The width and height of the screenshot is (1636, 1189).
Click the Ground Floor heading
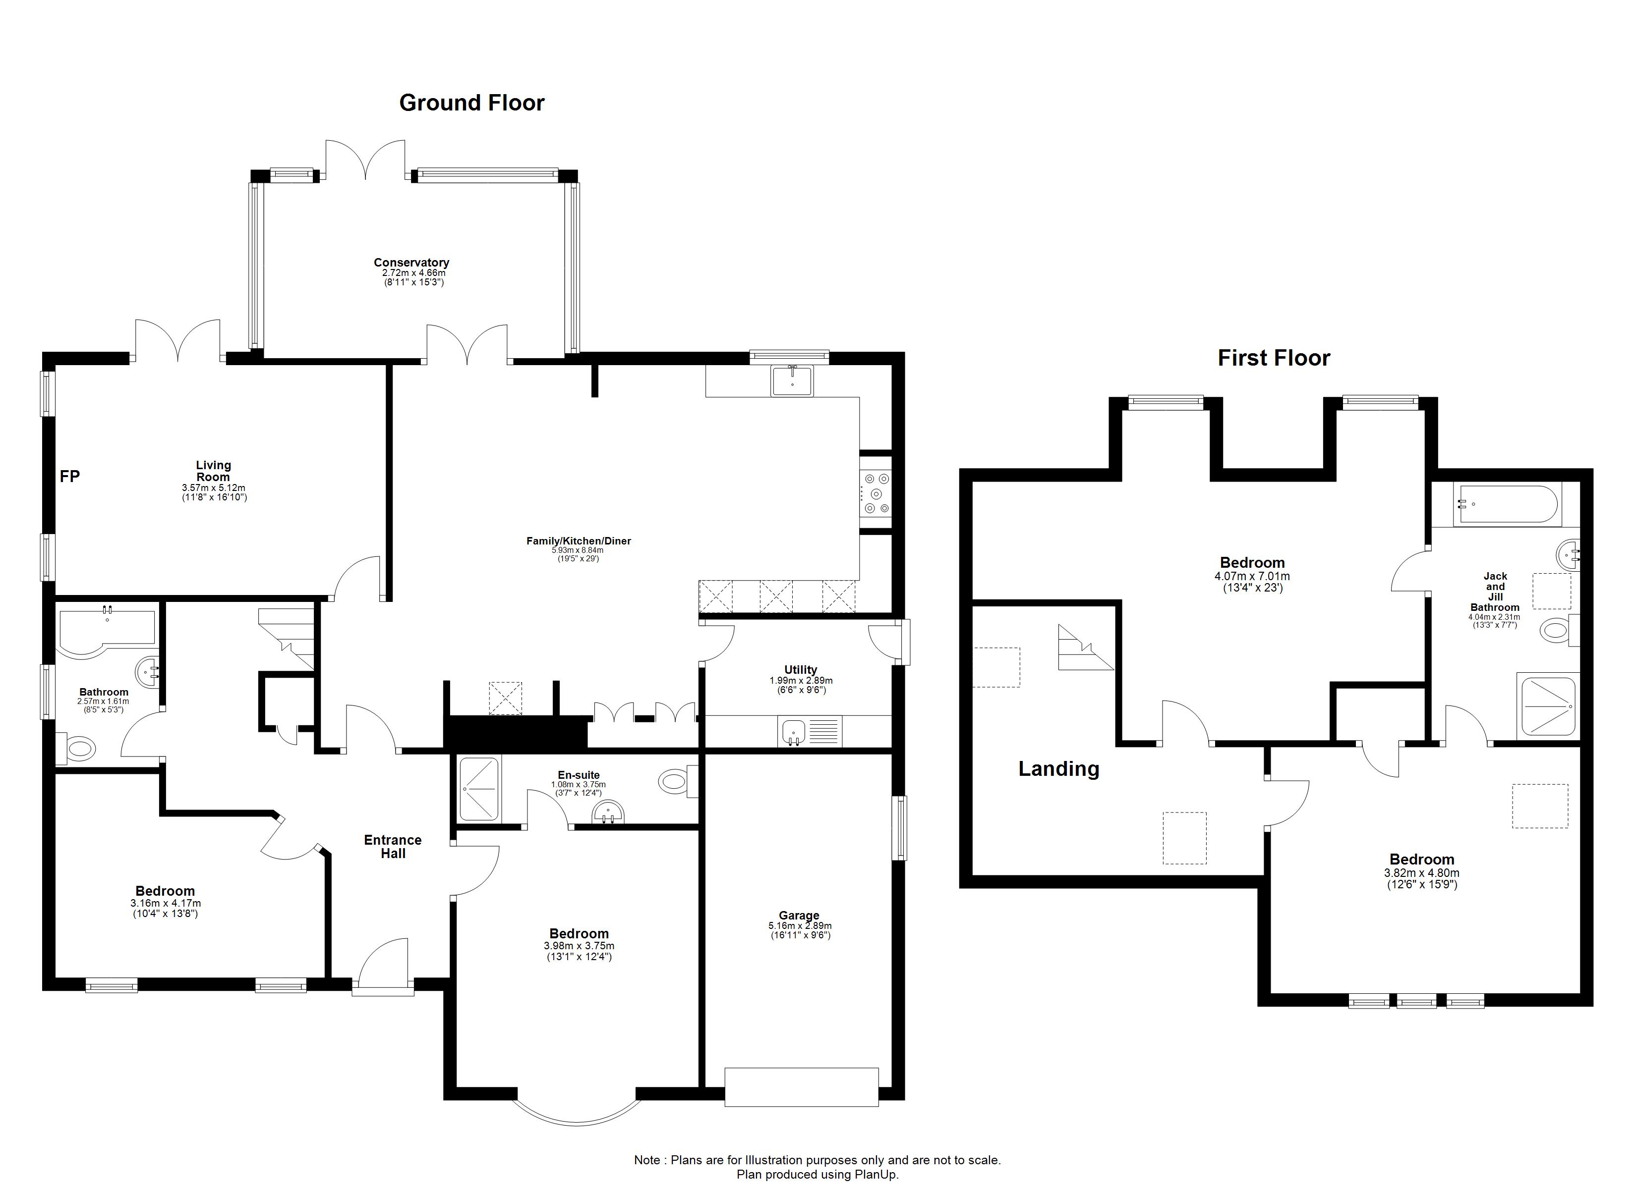(472, 103)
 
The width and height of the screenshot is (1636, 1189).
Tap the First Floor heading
(1274, 358)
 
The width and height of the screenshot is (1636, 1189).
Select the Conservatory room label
(411, 263)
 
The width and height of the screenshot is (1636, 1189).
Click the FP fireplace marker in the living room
(70, 476)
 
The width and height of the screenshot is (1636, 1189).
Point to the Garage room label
(799, 915)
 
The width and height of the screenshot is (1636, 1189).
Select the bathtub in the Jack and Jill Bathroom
(1497, 505)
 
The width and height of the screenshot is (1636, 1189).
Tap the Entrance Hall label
(393, 847)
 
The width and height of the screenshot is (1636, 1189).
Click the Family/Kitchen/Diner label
(579, 541)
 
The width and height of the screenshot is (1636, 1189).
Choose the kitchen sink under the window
(792, 380)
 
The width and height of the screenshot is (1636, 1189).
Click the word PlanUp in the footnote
(875, 1175)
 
